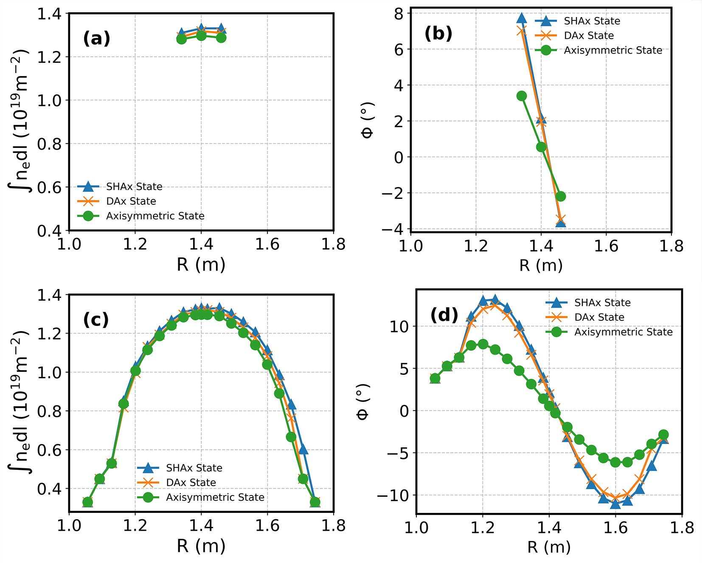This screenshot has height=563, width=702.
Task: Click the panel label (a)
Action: [97, 39]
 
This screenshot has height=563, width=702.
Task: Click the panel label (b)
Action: [438, 34]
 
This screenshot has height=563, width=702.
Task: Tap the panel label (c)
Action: [96, 320]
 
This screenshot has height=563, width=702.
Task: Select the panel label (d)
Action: [444, 315]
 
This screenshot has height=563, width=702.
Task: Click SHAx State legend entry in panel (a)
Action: [134, 187]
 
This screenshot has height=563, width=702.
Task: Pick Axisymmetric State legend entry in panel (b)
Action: [612, 50]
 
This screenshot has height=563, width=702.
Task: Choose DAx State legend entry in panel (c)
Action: [191, 482]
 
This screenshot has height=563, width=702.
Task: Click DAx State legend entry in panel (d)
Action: [599, 317]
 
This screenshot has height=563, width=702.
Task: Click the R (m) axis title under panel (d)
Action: [549, 547]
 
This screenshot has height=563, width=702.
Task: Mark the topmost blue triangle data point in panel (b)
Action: [522, 18]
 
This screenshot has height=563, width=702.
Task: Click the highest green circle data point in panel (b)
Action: [522, 96]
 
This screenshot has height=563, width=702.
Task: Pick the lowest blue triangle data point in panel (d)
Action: [615, 504]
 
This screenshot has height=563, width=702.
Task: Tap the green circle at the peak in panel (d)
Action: [483, 344]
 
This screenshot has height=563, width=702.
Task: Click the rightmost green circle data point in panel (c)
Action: [315, 502]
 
